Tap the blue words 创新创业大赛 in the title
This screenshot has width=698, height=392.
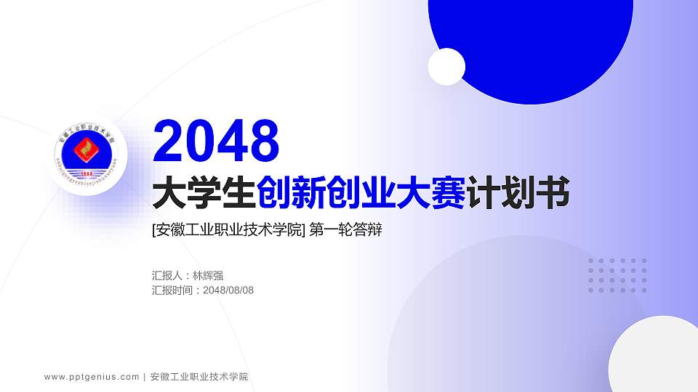coord(361,194)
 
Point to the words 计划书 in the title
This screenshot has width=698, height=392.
coord(517,194)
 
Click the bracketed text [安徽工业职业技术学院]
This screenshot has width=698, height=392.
coord(228,231)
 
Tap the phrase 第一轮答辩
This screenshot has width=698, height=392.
coord(345,231)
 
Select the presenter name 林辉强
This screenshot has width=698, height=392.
coord(208,276)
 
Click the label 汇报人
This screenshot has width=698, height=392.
coord(167,276)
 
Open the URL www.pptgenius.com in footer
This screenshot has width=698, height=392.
coord(92,377)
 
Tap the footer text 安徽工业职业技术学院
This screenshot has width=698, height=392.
coord(198,377)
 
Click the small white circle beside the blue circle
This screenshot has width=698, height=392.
coord(446,66)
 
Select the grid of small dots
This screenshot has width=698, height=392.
coord(617,275)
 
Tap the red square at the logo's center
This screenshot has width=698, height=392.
coord(87,151)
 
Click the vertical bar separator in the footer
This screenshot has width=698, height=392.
coord(145,377)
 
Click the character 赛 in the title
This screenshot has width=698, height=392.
coord(448,194)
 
